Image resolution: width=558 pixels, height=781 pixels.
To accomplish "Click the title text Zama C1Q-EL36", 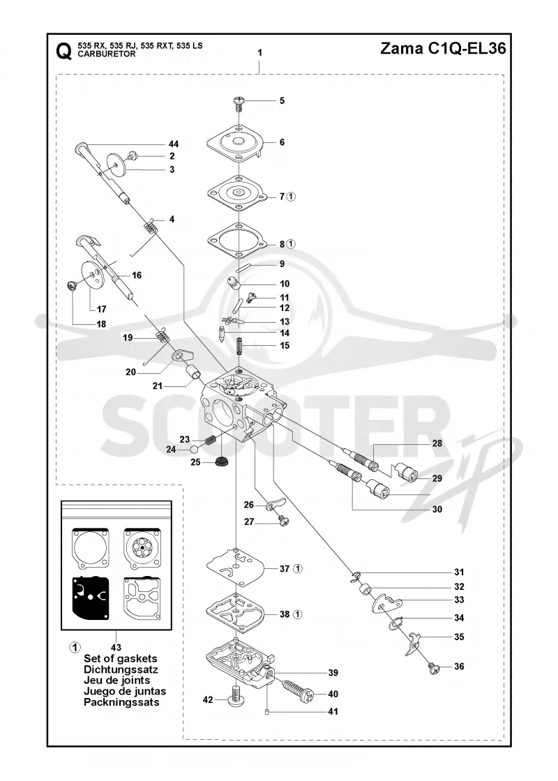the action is (443, 48).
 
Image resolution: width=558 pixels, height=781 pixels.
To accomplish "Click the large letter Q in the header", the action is (63, 50).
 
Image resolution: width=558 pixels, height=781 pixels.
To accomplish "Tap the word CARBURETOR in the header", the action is (107, 54).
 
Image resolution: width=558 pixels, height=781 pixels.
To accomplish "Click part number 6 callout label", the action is (282, 142).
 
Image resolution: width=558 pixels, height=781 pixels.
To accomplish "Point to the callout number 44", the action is (174, 144).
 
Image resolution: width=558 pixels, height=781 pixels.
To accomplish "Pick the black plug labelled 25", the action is (220, 460).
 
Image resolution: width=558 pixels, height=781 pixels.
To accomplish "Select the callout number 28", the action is (437, 443).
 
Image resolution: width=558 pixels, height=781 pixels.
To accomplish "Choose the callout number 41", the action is (333, 712).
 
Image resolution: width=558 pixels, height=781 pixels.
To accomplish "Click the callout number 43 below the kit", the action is (116, 648).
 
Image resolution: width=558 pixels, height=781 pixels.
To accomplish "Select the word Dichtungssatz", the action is (121, 669).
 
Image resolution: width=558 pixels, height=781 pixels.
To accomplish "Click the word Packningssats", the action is (121, 702).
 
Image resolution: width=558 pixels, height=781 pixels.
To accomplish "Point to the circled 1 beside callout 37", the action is (297, 568).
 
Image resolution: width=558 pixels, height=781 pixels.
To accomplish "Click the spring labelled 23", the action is (211, 440).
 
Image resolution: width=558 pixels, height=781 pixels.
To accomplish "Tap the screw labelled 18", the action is (73, 286).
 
